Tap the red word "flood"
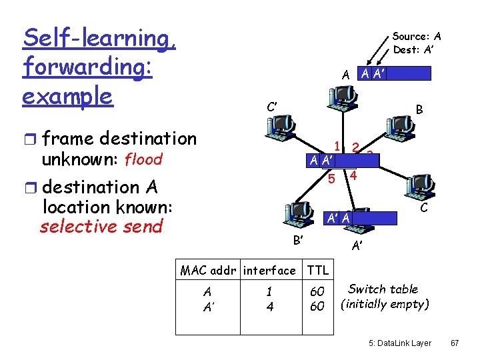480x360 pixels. [x=143, y=160]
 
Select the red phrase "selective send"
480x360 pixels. [x=101, y=226]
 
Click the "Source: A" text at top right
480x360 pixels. [x=417, y=37]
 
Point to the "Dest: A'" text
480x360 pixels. [x=415, y=49]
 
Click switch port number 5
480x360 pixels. [x=331, y=179]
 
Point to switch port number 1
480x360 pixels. [x=338, y=147]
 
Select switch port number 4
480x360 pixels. [x=353, y=177]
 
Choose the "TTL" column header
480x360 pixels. [x=318, y=270]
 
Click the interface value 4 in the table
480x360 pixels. [x=269, y=306]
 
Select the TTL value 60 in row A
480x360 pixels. [x=318, y=291]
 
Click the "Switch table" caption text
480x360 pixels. [x=383, y=289]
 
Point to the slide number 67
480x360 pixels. [x=455, y=343]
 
